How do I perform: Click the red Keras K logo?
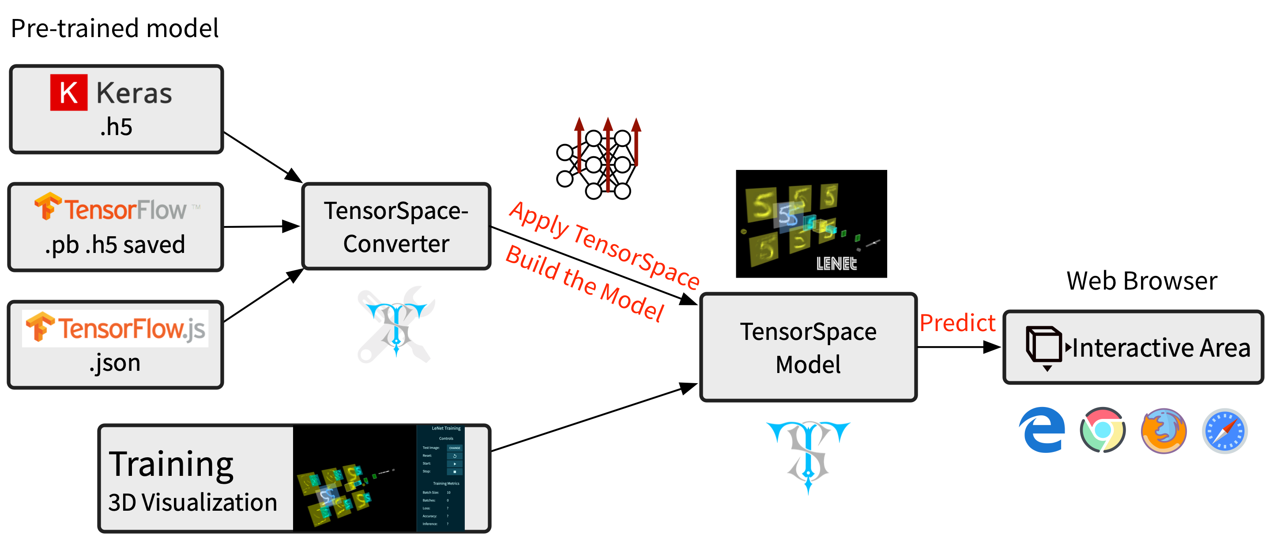[x=69, y=92]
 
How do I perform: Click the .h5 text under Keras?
[x=117, y=127]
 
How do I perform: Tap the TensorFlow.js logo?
[x=115, y=328]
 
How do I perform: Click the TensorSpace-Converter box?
[x=396, y=226]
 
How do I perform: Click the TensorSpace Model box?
[x=808, y=347]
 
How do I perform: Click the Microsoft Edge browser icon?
[x=1042, y=430]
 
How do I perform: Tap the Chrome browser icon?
[x=1103, y=430]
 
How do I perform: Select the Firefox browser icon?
[x=1164, y=431]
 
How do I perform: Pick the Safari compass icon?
[x=1225, y=431]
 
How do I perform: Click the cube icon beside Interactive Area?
[x=1044, y=346]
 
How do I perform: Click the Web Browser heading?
[x=1142, y=281]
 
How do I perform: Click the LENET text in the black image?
[x=836, y=264]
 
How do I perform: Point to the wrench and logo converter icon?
[x=396, y=324]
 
